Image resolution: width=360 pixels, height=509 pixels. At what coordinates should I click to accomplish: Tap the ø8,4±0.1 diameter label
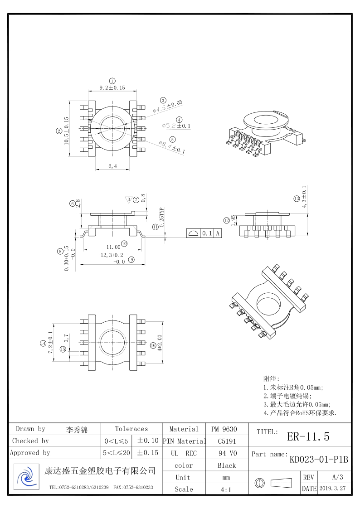pos(171,148)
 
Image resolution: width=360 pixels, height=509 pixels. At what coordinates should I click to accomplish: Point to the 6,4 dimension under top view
pos(112,166)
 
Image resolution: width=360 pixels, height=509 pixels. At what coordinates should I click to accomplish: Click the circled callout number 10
pos(124,243)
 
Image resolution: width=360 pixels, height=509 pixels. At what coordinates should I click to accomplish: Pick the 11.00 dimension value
pos(113,247)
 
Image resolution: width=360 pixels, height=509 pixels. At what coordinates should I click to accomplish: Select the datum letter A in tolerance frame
pos(218,233)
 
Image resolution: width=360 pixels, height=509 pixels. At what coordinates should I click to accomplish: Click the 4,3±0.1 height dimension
pos(304,196)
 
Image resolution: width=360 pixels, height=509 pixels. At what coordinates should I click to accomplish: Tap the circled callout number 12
pos(226,220)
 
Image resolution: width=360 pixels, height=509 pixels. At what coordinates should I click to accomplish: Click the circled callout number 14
pos(43,344)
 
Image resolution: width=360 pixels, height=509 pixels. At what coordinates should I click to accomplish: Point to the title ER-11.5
pos(308,436)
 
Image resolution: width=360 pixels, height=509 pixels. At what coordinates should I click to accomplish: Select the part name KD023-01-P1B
pos(319,460)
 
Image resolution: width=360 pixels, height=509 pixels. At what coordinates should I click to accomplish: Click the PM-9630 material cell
pos(224,429)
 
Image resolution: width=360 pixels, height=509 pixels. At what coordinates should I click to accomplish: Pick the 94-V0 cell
pos(226,453)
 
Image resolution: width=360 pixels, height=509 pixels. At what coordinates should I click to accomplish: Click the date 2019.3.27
pos(332,489)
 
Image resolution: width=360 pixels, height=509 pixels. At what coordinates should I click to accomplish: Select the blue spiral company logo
pos(26,477)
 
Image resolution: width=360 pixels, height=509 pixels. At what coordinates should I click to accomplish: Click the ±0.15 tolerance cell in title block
pos(147,452)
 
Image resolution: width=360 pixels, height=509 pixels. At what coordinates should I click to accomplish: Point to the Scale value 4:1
pos(226,489)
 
